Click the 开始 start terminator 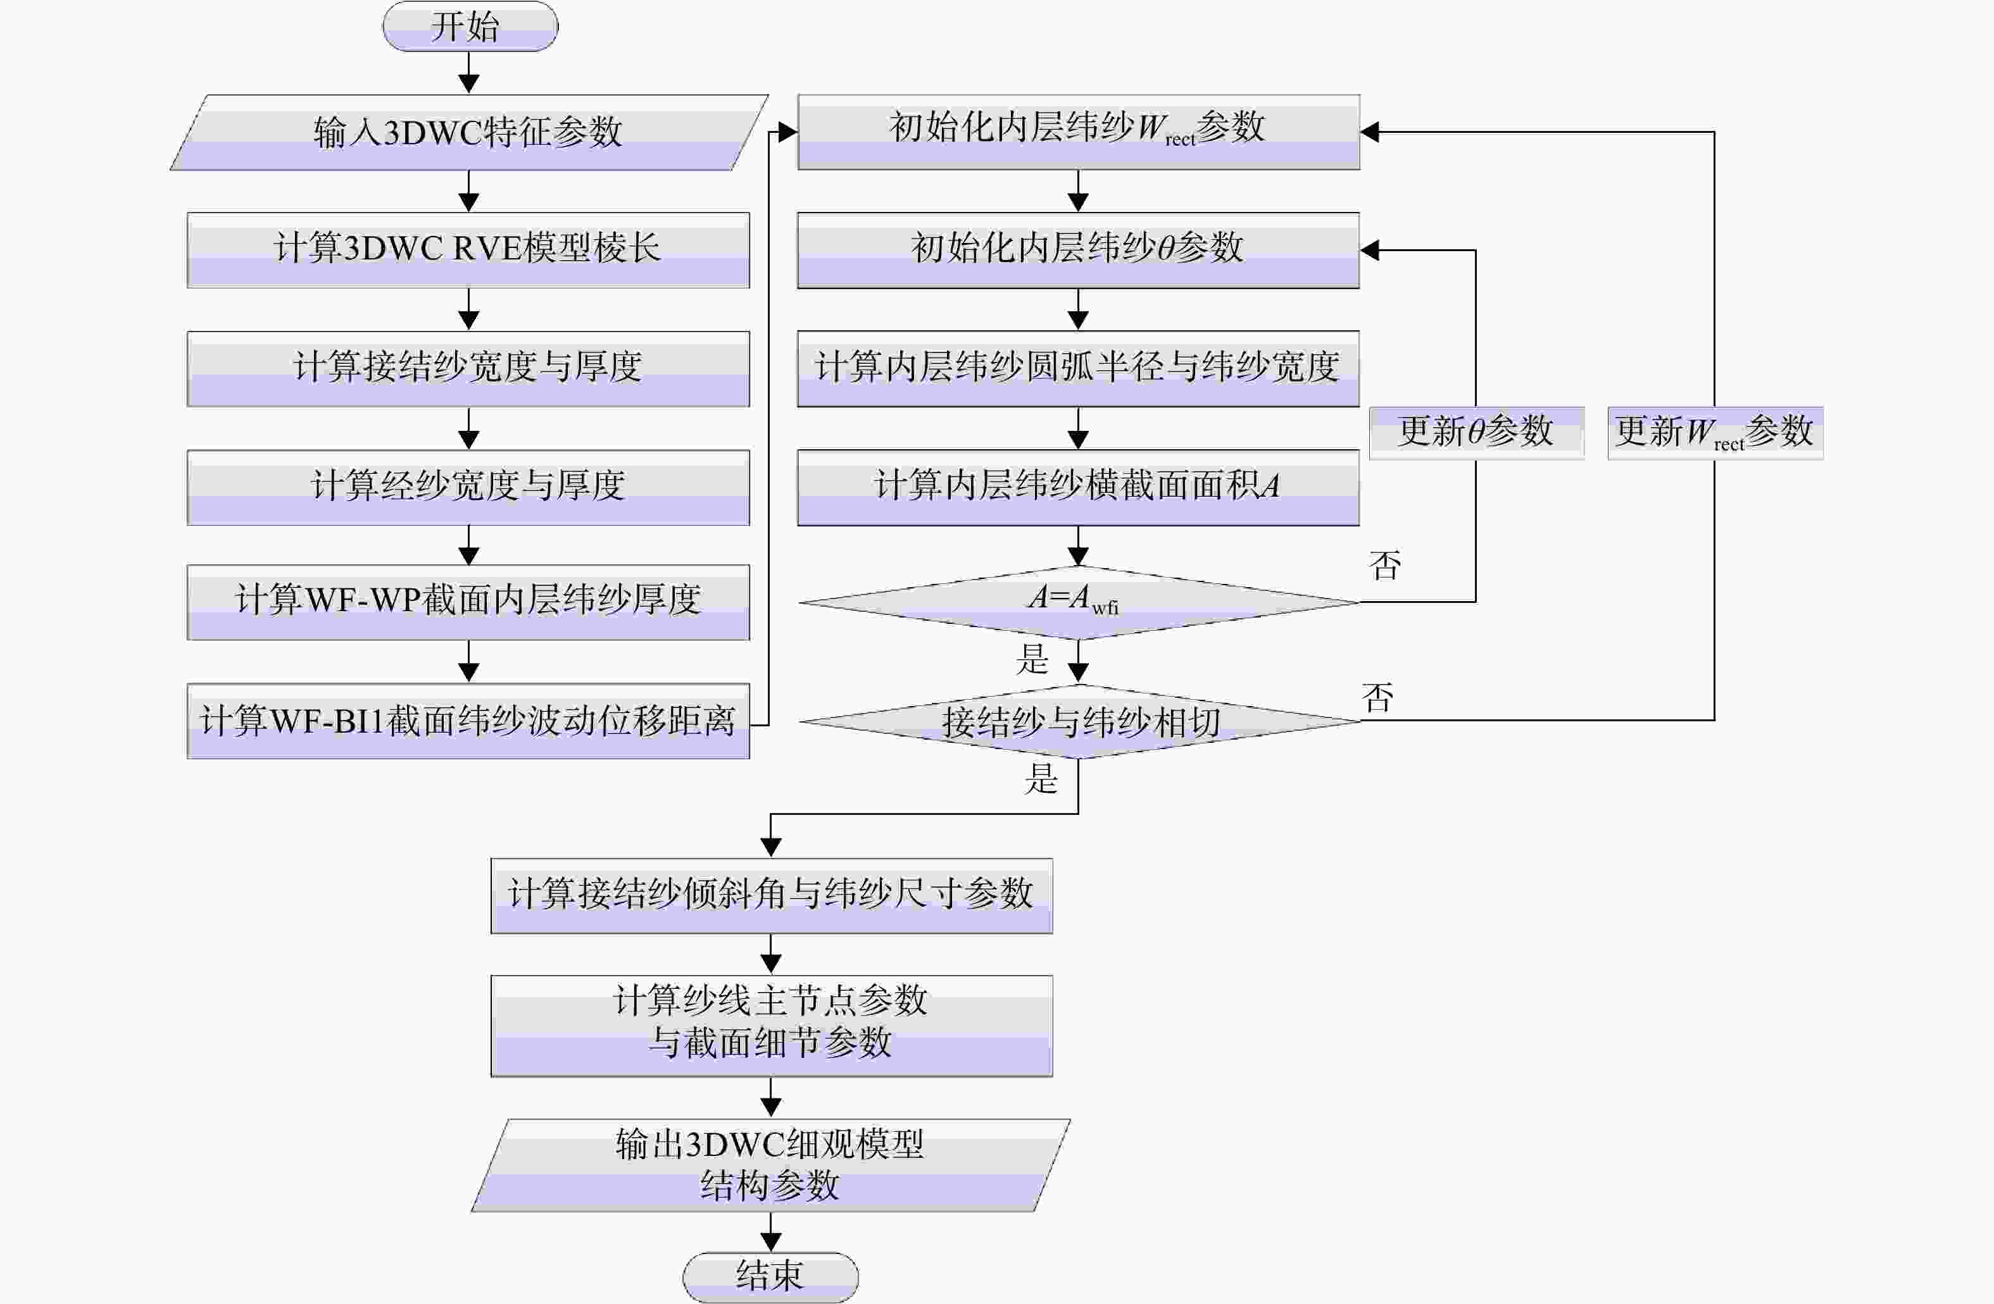(x=470, y=27)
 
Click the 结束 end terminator (x=771, y=1277)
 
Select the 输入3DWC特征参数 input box (x=469, y=132)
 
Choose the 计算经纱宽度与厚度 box (x=468, y=487)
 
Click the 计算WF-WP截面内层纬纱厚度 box (x=468, y=602)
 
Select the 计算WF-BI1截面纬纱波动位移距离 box (x=468, y=721)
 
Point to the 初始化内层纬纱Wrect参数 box (x=1078, y=132)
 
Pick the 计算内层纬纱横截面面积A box (x=1078, y=487)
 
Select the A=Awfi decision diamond (x=1078, y=602)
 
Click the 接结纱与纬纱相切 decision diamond (x=1078, y=721)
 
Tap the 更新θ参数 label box (x=1476, y=433)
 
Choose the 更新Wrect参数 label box (x=1715, y=433)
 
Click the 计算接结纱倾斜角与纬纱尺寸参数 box (x=772, y=895)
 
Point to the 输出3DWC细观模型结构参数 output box (x=771, y=1165)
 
